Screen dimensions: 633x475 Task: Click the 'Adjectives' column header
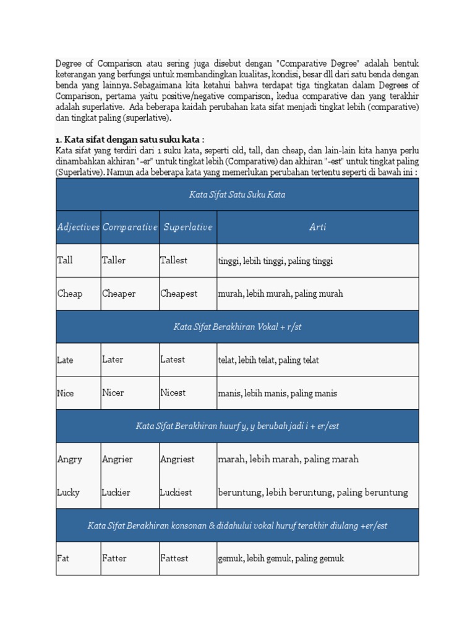click(78, 227)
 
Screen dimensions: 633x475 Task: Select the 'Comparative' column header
click(130, 227)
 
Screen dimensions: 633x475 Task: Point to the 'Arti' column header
click(317, 227)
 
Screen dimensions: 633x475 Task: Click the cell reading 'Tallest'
click(174, 260)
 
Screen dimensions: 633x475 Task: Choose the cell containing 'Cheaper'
click(119, 294)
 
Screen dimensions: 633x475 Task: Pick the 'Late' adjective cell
click(65, 360)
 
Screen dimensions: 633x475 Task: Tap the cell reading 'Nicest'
click(173, 393)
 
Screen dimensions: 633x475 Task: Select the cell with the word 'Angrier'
click(118, 459)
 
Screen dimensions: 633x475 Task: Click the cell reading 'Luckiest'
click(176, 493)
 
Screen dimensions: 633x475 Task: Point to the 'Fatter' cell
click(114, 558)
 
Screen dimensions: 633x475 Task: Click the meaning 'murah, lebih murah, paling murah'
click(280, 294)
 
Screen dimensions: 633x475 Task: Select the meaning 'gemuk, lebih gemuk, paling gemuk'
click(281, 558)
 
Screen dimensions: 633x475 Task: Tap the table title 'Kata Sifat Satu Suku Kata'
click(237, 195)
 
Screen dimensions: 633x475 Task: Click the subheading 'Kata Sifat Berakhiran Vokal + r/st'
click(237, 327)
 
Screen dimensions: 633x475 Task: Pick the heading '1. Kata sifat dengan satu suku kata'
click(130, 140)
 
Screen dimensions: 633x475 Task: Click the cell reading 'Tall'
click(65, 260)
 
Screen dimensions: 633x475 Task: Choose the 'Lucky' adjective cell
click(68, 493)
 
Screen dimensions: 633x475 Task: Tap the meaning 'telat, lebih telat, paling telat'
click(268, 360)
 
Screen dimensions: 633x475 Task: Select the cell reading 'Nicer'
click(113, 393)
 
